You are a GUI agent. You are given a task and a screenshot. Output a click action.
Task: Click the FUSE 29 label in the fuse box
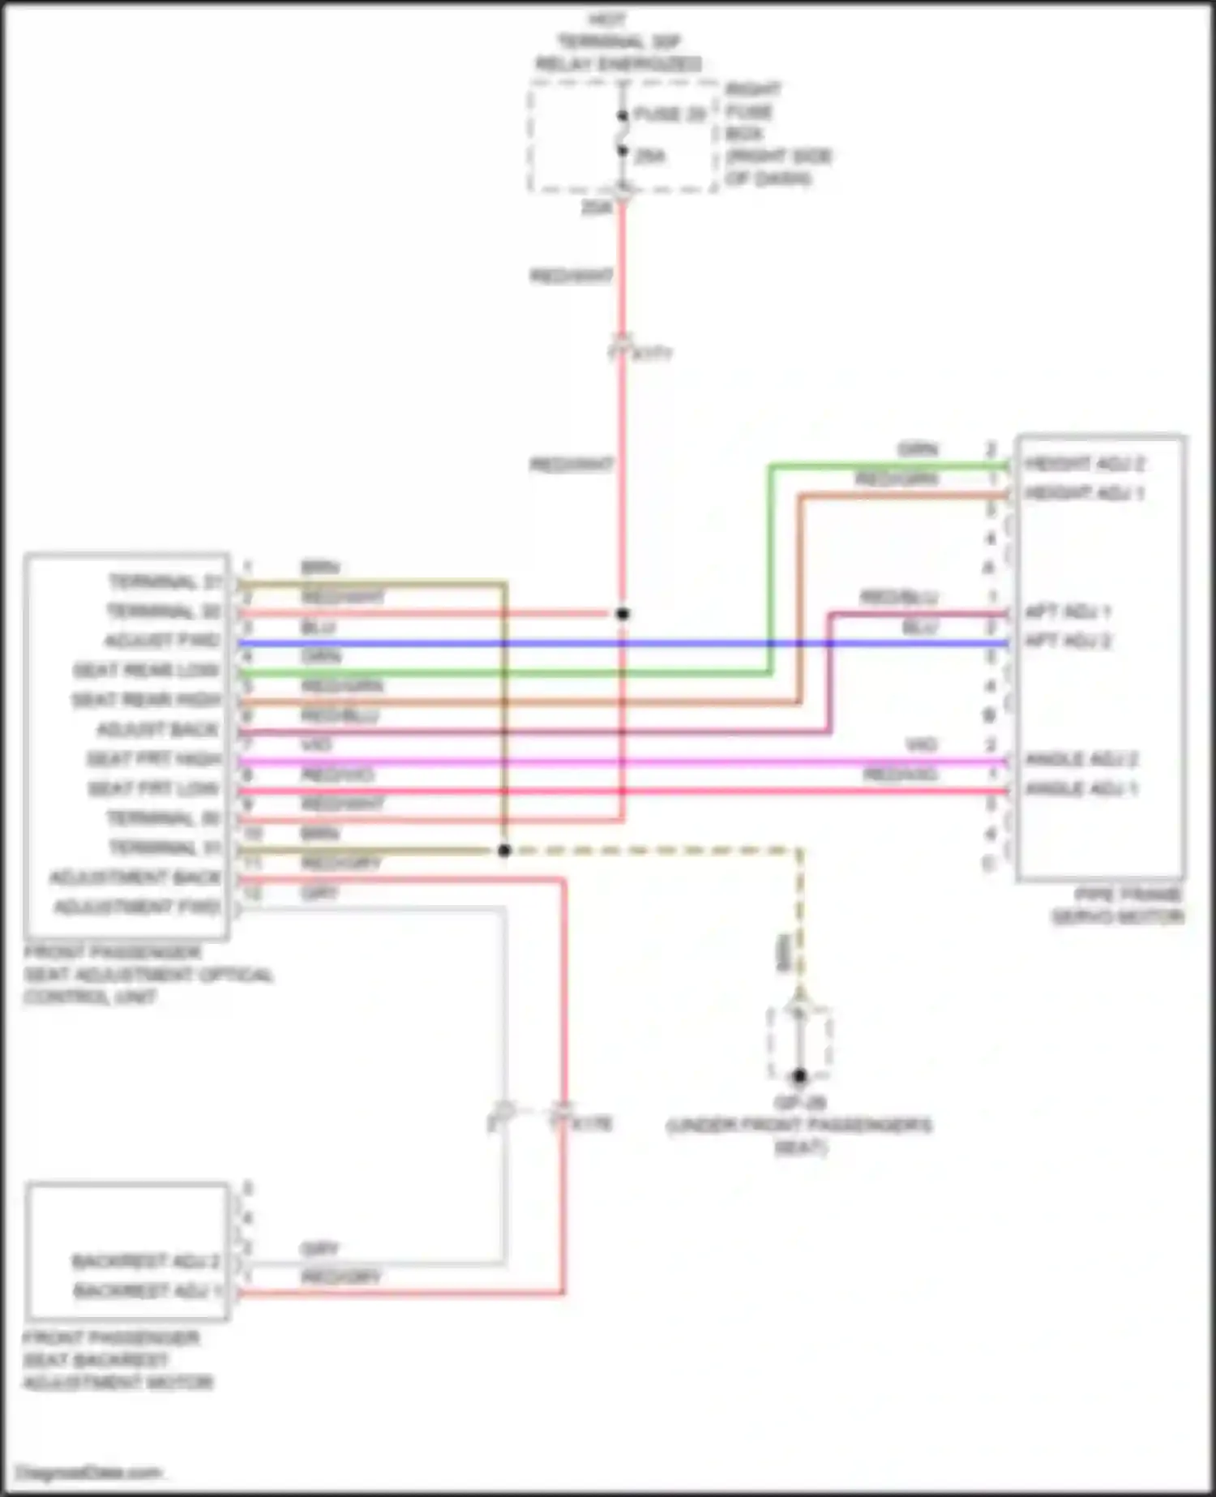pos(670,115)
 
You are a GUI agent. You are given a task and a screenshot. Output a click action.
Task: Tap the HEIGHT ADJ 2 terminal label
pos(1084,464)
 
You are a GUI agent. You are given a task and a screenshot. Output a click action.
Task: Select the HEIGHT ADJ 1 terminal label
pos(1084,493)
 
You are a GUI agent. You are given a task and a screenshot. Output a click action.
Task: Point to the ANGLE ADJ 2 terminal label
pos(1081,759)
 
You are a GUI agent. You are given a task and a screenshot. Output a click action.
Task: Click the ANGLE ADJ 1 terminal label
pos(1081,788)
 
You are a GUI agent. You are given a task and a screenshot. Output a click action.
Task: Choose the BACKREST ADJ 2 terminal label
pos(146,1262)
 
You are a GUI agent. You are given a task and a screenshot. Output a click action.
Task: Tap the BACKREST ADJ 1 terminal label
pos(147,1291)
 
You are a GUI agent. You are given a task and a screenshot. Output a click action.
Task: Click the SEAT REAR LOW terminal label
pos(146,671)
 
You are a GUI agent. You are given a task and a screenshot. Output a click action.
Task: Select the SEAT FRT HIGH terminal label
pos(153,759)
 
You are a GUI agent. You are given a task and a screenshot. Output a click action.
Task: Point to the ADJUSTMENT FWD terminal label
pos(137,907)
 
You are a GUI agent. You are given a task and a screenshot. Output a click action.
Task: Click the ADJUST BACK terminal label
pos(157,730)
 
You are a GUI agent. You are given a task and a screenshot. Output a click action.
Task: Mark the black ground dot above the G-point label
pos(800,1076)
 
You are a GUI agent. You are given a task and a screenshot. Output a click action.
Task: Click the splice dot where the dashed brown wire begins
pos(504,851)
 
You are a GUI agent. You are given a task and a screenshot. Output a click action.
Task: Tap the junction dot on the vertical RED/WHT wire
pos(623,614)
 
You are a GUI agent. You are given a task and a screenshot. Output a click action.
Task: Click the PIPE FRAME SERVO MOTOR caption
pos(1117,906)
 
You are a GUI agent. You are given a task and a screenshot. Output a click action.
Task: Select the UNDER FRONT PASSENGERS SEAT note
pos(799,1136)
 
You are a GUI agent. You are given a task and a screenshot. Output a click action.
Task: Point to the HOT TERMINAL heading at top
pos(618,41)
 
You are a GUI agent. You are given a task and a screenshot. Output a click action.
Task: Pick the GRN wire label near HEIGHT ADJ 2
pos(918,449)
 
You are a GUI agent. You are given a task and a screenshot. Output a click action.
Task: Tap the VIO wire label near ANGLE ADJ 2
pos(921,744)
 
